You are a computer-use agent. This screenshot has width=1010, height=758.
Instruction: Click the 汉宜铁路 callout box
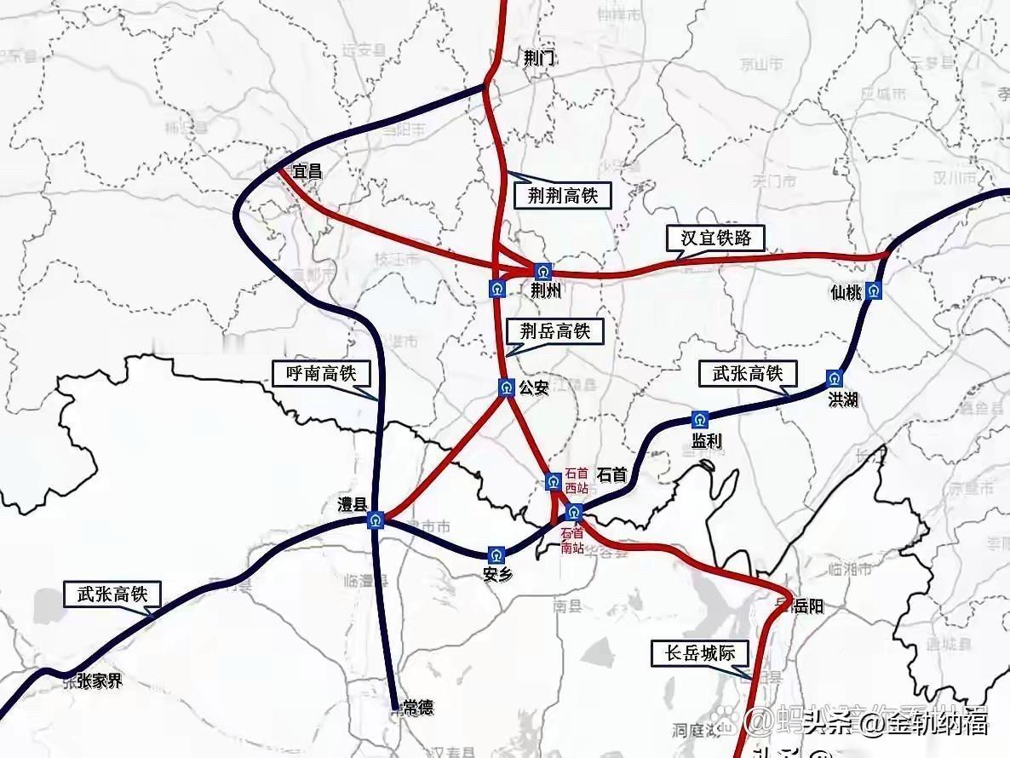(715, 238)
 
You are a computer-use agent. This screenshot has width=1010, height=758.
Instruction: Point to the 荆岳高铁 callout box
(555, 330)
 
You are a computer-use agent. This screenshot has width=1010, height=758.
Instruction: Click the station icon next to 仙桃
(874, 290)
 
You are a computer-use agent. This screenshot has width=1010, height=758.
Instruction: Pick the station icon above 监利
(700, 419)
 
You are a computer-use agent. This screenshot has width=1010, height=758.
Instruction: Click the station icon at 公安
(506, 388)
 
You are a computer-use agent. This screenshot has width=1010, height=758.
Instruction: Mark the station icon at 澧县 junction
(376, 520)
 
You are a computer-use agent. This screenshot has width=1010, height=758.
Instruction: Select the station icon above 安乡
(496, 555)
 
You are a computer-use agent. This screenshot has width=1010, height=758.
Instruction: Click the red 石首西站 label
(577, 481)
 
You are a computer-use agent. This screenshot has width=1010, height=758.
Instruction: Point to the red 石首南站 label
(572, 541)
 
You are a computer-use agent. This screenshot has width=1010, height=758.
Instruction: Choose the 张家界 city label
(99, 681)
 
